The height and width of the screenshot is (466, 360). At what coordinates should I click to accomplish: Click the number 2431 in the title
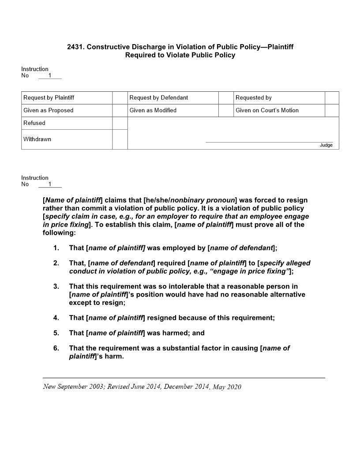click(75, 47)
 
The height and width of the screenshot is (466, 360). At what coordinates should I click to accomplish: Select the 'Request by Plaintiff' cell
click(49, 98)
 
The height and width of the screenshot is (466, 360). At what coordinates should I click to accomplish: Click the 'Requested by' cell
click(254, 98)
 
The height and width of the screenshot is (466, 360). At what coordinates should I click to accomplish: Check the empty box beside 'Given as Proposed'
click(120, 110)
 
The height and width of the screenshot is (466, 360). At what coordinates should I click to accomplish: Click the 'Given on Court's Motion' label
click(267, 110)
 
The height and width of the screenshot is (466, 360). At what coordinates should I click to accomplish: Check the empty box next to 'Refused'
click(120, 123)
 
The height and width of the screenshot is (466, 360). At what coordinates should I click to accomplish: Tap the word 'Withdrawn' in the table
click(37, 139)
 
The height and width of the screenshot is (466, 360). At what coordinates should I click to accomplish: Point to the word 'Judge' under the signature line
click(326, 145)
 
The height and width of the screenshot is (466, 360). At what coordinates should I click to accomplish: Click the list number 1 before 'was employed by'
click(56, 248)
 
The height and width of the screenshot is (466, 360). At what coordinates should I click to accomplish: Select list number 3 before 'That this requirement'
click(56, 287)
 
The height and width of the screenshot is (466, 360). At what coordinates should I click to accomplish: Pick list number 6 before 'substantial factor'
click(56, 348)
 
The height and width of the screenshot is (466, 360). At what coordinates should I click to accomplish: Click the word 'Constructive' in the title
click(106, 47)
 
